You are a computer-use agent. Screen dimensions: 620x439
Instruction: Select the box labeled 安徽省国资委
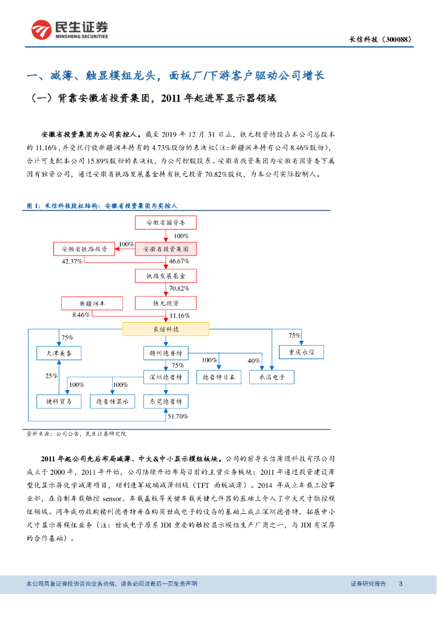click(166, 223)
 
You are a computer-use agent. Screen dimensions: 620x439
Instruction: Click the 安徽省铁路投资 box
click(84, 249)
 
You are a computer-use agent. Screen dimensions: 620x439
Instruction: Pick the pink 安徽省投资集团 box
click(166, 249)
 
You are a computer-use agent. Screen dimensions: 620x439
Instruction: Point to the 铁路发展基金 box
click(166, 275)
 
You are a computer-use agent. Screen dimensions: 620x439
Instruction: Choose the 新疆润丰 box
click(92, 303)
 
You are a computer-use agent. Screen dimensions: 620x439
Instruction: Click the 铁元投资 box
click(166, 303)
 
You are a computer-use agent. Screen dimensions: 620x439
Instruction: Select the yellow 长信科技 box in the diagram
click(166, 329)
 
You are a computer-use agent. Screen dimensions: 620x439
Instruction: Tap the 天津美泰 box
click(59, 352)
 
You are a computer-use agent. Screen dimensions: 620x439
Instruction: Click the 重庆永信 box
click(301, 351)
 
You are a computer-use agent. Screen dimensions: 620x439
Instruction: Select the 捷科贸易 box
click(59, 401)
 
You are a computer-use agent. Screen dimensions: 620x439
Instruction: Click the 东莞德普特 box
click(166, 401)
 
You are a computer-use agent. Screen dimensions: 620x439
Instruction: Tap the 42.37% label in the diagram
click(72, 262)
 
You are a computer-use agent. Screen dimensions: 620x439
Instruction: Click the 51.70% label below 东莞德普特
click(178, 417)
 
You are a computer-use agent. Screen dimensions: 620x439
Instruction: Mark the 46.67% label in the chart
click(179, 262)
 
